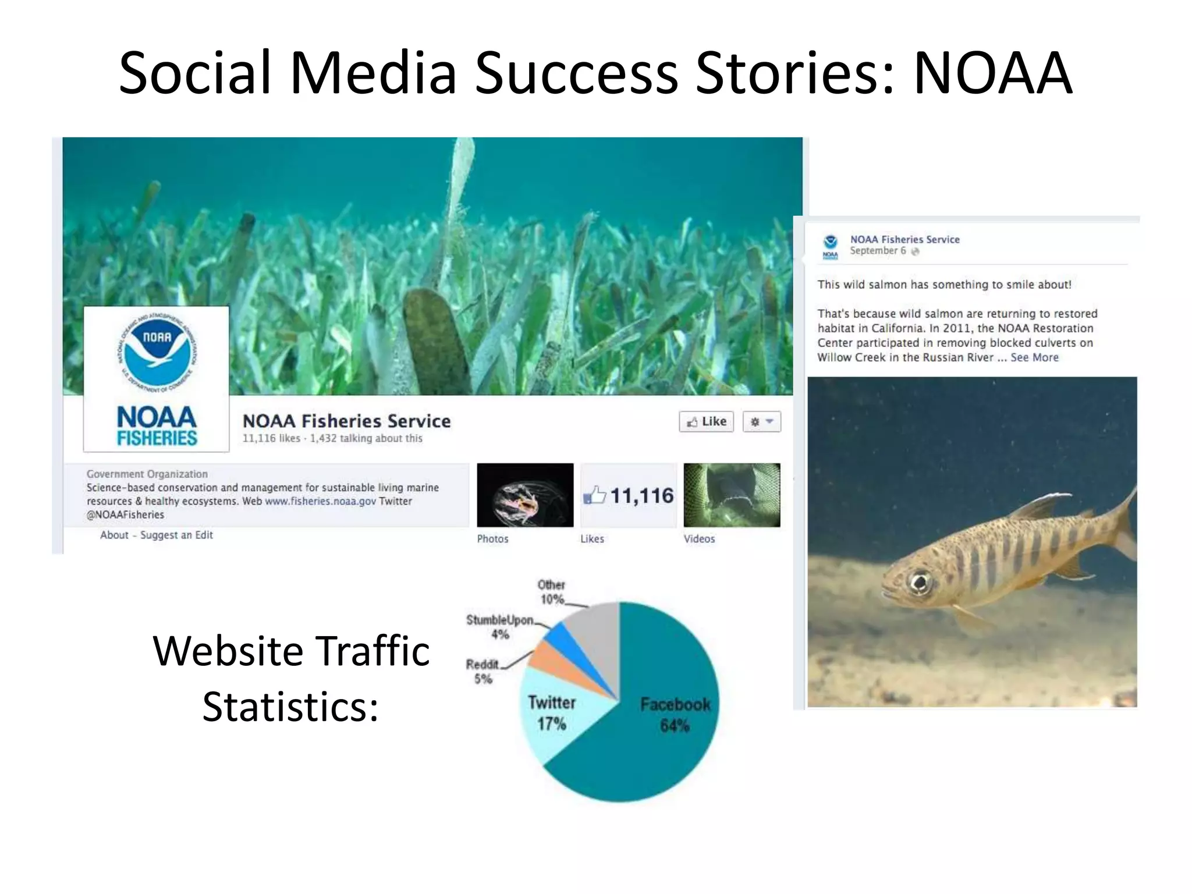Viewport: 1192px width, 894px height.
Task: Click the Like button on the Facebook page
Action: [x=706, y=421]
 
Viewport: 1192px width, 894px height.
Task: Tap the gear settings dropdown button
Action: [x=761, y=421]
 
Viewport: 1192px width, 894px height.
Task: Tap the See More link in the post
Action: [x=1034, y=357]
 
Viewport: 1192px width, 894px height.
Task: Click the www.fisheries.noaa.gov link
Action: [x=320, y=501]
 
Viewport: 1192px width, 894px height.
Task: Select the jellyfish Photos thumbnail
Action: [x=525, y=495]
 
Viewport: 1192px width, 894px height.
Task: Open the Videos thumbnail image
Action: [x=732, y=495]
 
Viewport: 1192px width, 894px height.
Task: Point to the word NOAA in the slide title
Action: [x=992, y=73]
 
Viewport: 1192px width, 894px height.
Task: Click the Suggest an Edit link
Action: [x=176, y=535]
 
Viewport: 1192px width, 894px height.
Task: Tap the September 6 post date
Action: [x=878, y=251]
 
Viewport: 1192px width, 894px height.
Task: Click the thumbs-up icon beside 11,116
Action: [x=594, y=495]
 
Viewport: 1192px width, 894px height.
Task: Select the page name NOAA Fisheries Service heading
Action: [x=346, y=421]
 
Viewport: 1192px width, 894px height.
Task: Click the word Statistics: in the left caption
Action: [x=290, y=707]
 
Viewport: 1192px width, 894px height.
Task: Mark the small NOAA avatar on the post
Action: [x=831, y=247]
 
